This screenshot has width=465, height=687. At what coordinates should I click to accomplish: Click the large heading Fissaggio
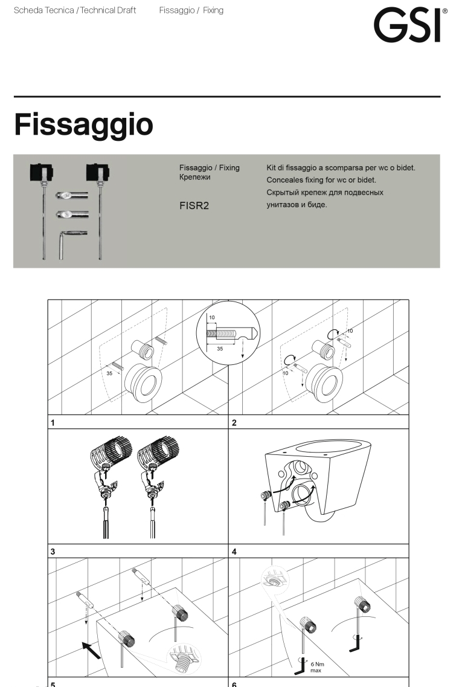point(83,124)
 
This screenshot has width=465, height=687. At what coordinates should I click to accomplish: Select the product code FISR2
point(194,205)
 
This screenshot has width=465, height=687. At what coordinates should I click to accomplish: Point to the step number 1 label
point(53,423)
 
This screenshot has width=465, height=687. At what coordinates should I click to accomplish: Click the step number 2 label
point(234,423)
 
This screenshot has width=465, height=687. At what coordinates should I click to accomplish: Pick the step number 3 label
point(53,551)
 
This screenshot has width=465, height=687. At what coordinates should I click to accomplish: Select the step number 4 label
point(234,551)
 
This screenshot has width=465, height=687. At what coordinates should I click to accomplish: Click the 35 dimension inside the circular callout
point(220,349)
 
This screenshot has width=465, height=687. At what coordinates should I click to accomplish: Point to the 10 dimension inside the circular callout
point(212,316)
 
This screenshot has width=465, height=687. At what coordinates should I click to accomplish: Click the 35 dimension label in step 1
point(109,373)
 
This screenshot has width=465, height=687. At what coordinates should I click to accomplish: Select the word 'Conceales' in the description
point(286,180)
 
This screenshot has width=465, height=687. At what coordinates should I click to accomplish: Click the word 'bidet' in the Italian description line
point(405,167)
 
